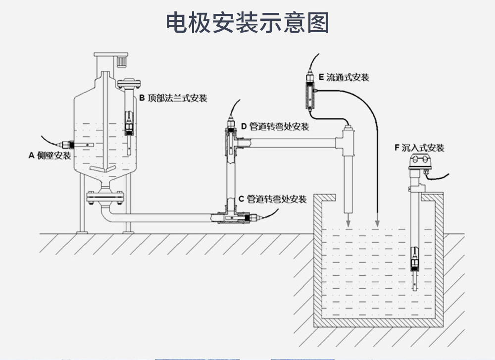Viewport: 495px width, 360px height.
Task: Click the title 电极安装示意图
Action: [x=247, y=23]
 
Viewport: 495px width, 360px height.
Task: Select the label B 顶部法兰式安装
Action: [x=173, y=98]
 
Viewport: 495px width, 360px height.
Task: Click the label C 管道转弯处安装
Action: [x=272, y=200]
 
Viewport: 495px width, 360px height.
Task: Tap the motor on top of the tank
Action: [x=122, y=61]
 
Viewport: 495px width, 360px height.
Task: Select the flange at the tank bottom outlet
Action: [x=104, y=198]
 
